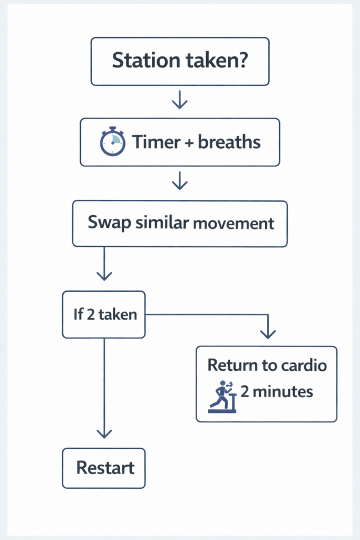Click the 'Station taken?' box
pos(180,61)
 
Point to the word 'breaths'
pos(229,142)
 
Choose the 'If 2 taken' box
pos(104,315)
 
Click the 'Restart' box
pos(104,468)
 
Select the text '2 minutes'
pos(276,392)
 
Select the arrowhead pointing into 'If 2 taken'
pos(104,276)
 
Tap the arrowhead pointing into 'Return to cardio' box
pos(268,333)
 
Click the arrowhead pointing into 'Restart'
pos(104,433)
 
